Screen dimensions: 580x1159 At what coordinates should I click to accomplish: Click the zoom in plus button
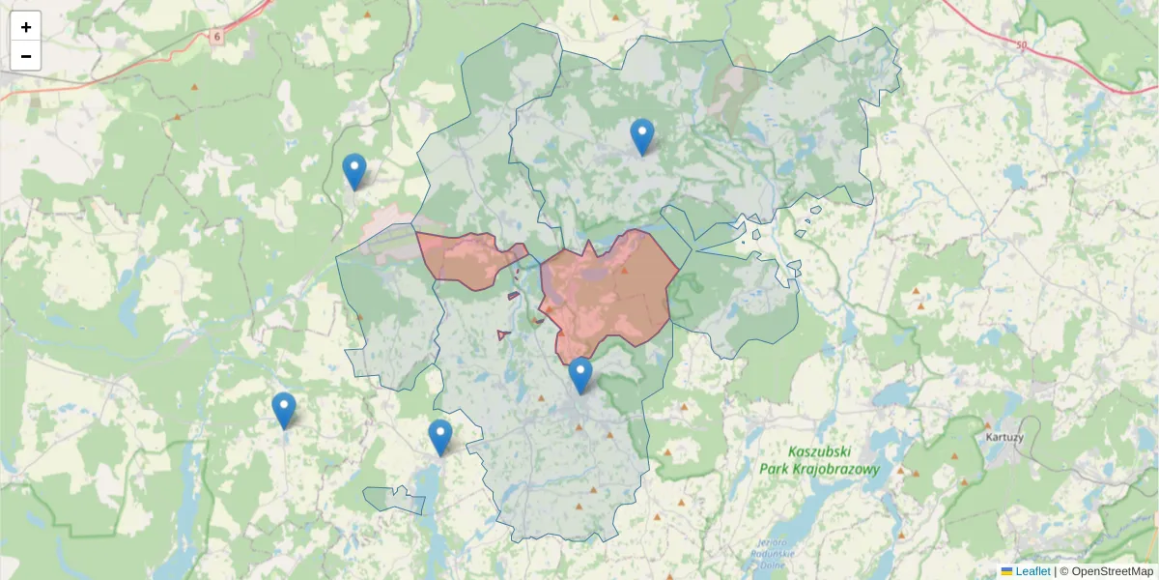click(x=26, y=27)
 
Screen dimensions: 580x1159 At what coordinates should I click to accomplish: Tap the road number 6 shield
click(x=217, y=37)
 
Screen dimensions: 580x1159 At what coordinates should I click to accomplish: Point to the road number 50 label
click(x=1022, y=44)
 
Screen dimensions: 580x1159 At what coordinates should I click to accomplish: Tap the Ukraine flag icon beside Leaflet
click(x=1006, y=571)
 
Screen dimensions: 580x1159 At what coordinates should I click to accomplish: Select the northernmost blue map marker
click(x=642, y=136)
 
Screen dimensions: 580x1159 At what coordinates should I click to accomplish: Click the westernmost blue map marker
click(x=283, y=410)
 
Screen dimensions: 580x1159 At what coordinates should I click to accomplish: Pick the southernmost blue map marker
click(x=440, y=437)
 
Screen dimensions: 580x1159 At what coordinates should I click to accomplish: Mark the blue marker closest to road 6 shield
click(x=354, y=171)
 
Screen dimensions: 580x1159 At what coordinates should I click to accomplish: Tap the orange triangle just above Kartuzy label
click(x=988, y=424)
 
